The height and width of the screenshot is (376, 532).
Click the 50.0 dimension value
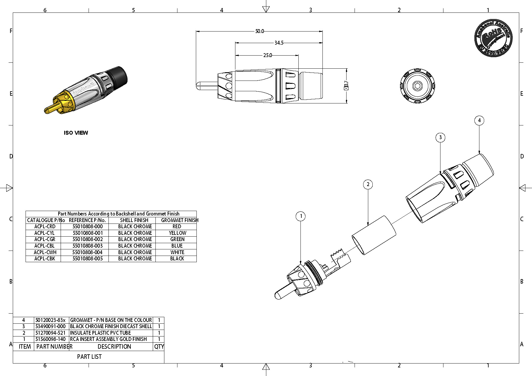259,31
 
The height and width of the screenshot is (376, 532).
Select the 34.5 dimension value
279,43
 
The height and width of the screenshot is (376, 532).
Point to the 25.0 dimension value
267,55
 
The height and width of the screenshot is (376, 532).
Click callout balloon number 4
479,120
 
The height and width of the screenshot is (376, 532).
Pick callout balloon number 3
440,137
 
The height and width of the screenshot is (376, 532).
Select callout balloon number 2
368,184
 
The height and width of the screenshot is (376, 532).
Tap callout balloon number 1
301,216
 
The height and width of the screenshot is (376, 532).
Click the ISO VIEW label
76,133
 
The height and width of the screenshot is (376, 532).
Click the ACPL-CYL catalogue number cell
44,233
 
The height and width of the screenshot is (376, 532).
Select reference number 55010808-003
88,246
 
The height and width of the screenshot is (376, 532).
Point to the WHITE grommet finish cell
177,252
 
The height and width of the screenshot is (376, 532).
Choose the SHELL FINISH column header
134,220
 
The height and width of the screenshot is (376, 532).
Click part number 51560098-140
51,339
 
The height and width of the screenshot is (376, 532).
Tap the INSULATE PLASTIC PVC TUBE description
100,333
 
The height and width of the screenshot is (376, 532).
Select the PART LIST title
89,357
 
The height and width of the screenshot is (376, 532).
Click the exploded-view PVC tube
374,235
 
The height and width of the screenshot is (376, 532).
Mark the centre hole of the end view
417,86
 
